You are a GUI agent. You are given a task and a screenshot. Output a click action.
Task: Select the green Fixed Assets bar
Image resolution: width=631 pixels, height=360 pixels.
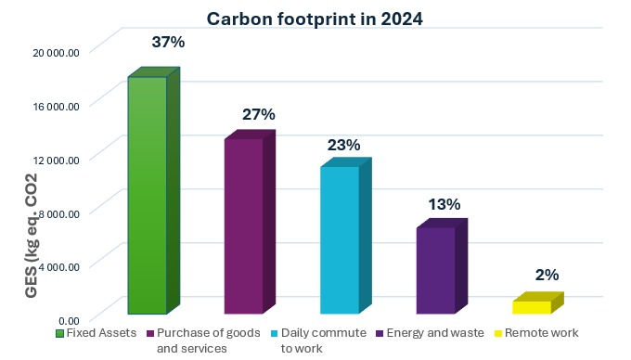(x=147, y=195)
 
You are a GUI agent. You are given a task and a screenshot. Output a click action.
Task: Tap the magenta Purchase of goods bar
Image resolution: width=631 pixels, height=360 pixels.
(x=243, y=226)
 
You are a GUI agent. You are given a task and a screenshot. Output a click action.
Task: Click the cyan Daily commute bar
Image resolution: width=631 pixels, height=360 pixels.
(x=340, y=240)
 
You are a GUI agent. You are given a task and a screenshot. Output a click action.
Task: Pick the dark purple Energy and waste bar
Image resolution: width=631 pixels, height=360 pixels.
(x=435, y=271)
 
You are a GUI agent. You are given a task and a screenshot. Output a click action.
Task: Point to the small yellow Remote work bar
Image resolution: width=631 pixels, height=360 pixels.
(x=531, y=307)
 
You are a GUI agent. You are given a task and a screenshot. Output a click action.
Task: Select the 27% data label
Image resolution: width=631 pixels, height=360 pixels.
(x=259, y=115)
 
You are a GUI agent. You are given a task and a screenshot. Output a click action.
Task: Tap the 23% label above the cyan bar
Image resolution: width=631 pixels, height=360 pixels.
(x=343, y=146)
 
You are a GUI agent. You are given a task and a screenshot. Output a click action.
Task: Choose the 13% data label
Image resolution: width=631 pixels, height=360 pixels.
(x=444, y=204)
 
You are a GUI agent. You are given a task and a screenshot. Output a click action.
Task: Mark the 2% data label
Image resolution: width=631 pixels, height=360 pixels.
(x=547, y=275)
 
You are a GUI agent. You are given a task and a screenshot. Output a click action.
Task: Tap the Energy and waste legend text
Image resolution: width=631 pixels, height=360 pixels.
(x=422, y=333)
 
